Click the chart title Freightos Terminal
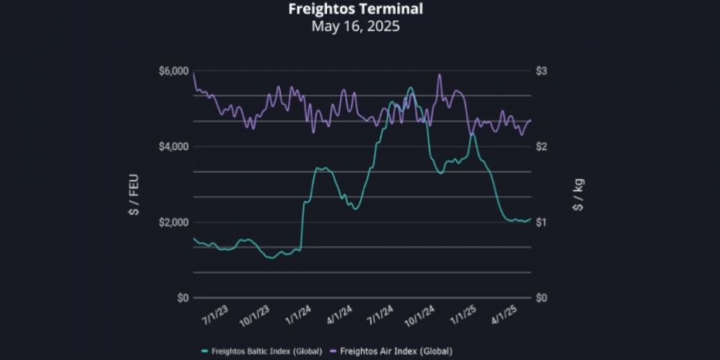355,9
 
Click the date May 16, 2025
355,27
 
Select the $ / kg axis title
577,194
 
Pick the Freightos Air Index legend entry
391,351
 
